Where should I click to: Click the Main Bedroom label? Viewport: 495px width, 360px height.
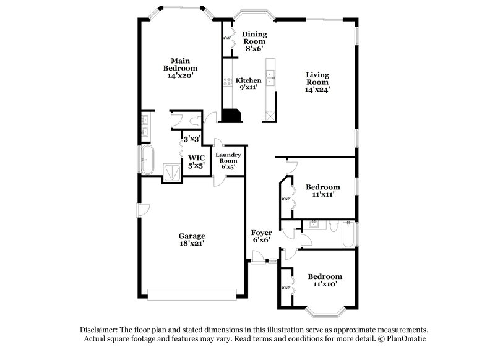[x=180, y=67]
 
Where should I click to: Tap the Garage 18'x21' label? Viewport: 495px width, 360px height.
[x=192, y=240]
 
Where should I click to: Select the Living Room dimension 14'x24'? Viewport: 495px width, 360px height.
[x=317, y=88]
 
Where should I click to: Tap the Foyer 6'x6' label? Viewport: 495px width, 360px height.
[x=262, y=236]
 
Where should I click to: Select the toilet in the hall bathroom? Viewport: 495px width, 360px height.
[x=333, y=227]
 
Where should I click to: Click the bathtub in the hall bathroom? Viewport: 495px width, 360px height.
[x=348, y=235]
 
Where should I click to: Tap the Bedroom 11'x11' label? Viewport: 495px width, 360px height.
[x=322, y=191]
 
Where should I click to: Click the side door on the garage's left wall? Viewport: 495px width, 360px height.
[x=141, y=210]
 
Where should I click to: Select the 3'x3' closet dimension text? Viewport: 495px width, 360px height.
[x=192, y=139]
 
